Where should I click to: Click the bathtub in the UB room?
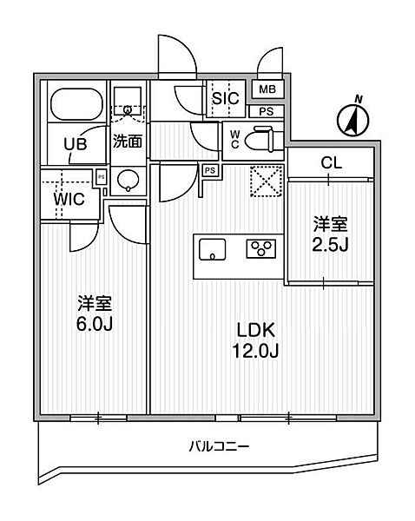point(76,104)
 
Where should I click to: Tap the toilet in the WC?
point(262,139)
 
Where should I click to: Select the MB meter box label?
point(267,89)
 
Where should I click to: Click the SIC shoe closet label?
point(226,98)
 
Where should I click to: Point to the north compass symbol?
point(352,119)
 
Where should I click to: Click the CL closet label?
point(332,163)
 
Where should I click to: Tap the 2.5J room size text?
point(330,245)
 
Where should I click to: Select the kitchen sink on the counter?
point(213,249)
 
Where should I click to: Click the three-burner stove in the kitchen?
point(260,249)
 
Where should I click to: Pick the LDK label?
point(255,330)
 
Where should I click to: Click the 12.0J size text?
point(255,351)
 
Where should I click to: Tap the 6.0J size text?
point(95,324)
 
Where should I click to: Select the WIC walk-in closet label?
point(69,200)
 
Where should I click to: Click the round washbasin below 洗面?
point(128,181)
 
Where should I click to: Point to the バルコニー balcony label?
point(219,446)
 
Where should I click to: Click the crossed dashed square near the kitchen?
point(266,181)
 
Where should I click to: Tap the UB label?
point(76,144)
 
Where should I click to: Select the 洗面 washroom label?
point(128,142)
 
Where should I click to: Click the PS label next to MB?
point(267,112)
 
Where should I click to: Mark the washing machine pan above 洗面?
point(128,101)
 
